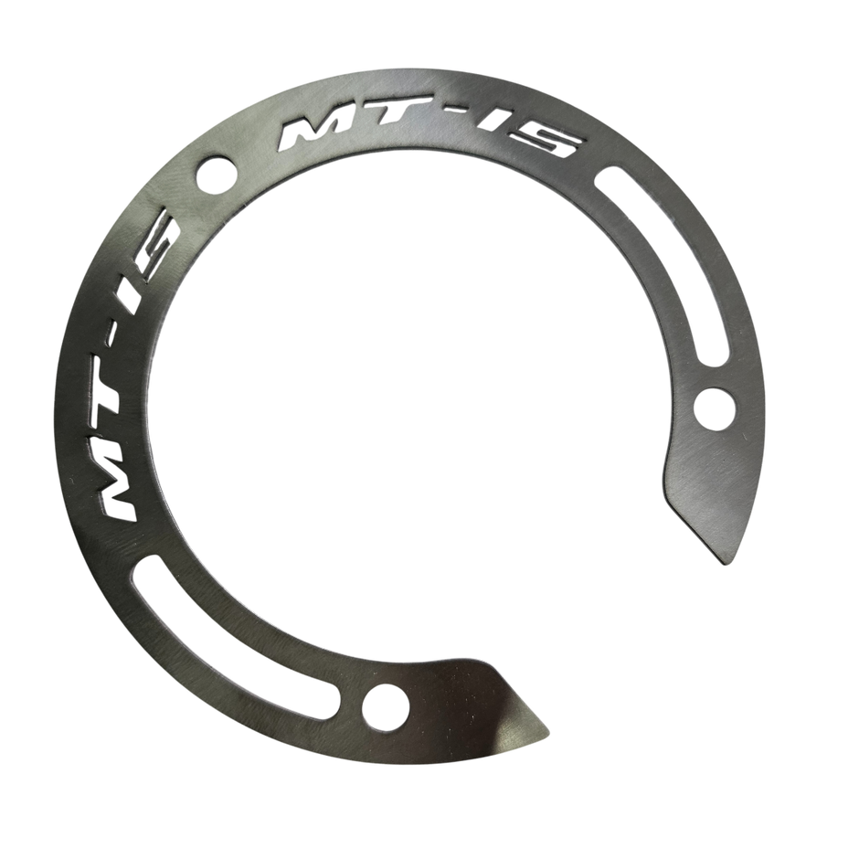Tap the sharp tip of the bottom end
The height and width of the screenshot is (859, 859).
[x=552, y=732]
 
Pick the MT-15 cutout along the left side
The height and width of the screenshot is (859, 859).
[x=123, y=366]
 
